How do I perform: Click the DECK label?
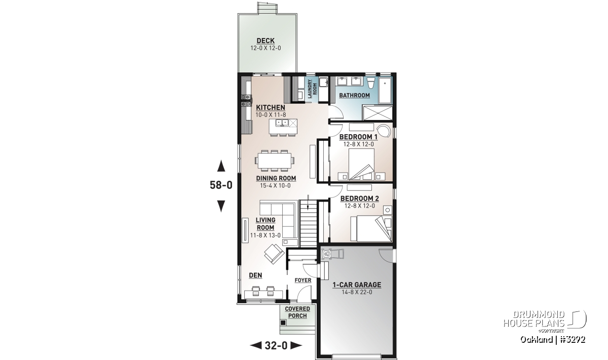pos(265,41)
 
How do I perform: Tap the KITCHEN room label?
pos(271,108)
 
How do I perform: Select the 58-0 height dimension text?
pos(221,185)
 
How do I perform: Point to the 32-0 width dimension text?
pos(276,346)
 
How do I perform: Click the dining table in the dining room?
pos(275,161)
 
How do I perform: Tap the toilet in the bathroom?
pos(371,83)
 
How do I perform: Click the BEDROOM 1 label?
pos(358,137)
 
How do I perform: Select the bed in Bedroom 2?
pos(371,228)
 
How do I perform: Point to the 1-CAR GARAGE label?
pos(357,285)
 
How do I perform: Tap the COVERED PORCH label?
pos(297,312)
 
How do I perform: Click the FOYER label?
pos(303,280)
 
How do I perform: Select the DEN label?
pos(255,275)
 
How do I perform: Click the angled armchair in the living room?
pos(274,254)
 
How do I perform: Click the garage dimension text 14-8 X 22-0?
pos(357,292)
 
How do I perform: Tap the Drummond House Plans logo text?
pos(534,319)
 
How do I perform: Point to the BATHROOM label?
pos(355,96)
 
